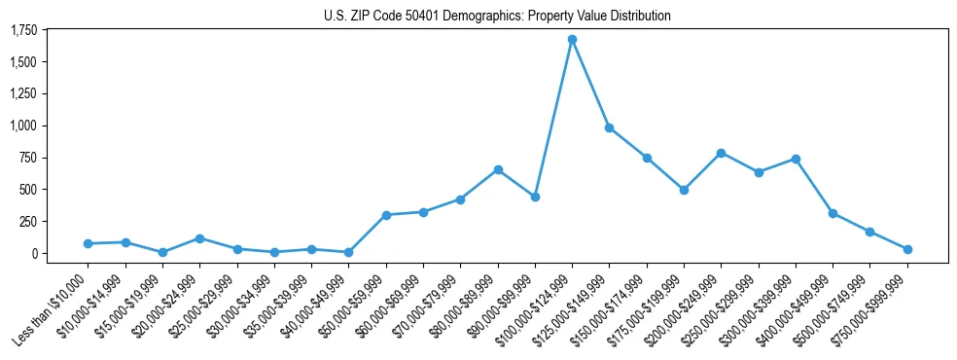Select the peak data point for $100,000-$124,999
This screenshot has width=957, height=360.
572,40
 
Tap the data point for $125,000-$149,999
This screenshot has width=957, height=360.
609,127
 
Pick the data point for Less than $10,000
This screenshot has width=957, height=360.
89,243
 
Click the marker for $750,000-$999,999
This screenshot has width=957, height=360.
907,249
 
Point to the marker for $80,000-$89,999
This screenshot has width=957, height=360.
498,169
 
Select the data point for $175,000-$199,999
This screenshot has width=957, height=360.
684,190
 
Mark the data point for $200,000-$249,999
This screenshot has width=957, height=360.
721,153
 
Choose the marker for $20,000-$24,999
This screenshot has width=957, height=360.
199,238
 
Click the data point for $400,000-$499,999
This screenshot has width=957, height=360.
833,213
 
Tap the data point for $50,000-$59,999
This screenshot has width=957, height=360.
386,215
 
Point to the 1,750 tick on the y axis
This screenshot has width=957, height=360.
23,31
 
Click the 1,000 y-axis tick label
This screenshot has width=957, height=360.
23,126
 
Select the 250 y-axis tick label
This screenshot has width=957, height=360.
28,222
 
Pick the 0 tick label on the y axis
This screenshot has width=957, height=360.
34,254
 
